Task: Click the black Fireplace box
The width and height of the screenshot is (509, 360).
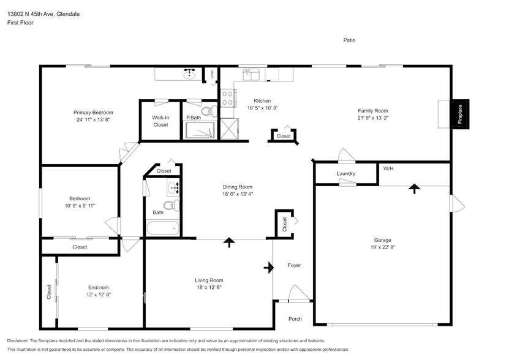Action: click(461, 114)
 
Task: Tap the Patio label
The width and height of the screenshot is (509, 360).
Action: click(349, 40)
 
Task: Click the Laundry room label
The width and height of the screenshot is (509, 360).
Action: click(346, 174)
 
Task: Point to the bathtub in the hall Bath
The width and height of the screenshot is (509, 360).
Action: click(163, 229)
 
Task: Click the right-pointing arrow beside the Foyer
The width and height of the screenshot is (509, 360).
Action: click(269, 267)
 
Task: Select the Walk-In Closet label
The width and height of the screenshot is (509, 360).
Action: click(160, 121)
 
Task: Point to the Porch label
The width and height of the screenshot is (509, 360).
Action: click(295, 319)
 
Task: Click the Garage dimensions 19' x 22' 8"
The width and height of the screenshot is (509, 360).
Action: click(383, 248)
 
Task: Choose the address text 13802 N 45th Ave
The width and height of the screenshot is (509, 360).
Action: click(43, 13)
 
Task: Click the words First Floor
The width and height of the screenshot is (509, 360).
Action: click(21, 23)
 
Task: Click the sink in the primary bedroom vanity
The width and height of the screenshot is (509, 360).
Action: click(189, 75)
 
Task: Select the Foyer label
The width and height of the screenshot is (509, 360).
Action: click(294, 265)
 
